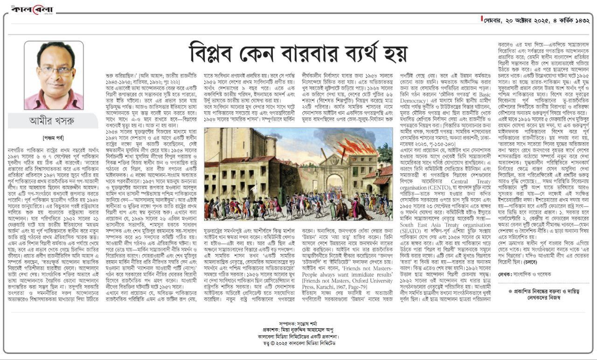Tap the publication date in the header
536,21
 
